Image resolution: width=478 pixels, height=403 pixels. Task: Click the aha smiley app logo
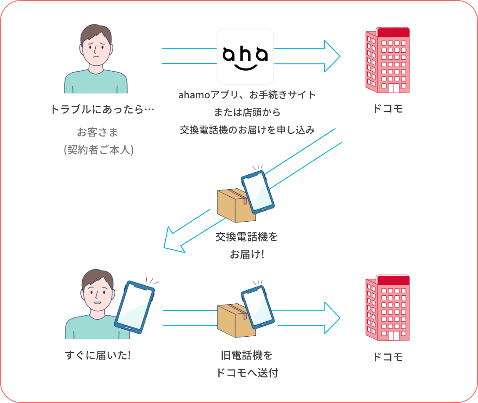pos(245,56)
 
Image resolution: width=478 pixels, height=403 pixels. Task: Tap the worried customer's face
pos(96,48)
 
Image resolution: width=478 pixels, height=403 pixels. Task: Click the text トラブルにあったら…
pos(102,109)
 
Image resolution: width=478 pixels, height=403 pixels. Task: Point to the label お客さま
pos(98,132)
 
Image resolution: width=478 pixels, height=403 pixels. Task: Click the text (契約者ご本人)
pos(98,150)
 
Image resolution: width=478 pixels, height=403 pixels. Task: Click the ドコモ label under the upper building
pos(387,109)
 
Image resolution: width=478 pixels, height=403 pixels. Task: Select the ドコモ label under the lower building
pos(387,357)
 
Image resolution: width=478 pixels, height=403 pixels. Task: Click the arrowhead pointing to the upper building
pos(332,56)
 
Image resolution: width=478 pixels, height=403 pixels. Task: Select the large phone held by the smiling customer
pos(134,305)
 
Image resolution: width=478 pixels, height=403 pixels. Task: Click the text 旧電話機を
pos(247,355)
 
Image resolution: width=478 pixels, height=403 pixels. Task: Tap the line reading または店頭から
pos(247,112)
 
